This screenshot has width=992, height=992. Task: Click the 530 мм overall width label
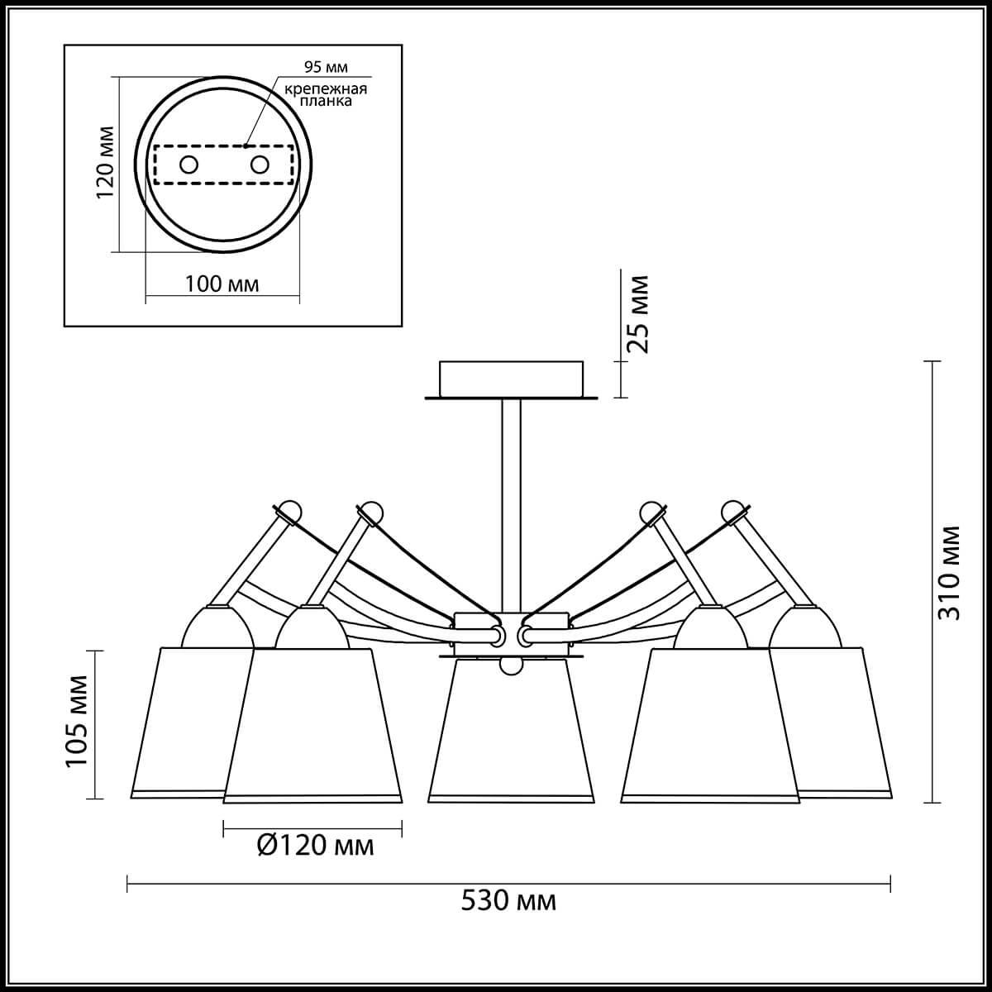click(508, 901)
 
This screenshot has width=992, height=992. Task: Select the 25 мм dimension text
click(637, 313)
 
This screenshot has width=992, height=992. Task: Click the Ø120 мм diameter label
click(316, 845)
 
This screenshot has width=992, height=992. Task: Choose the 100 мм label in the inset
click(222, 284)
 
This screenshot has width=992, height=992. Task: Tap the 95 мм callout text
click(326, 67)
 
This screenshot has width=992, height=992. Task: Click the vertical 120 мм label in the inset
click(106, 163)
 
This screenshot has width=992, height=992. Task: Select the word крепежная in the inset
click(327, 89)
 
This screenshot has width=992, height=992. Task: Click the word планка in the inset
click(327, 102)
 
